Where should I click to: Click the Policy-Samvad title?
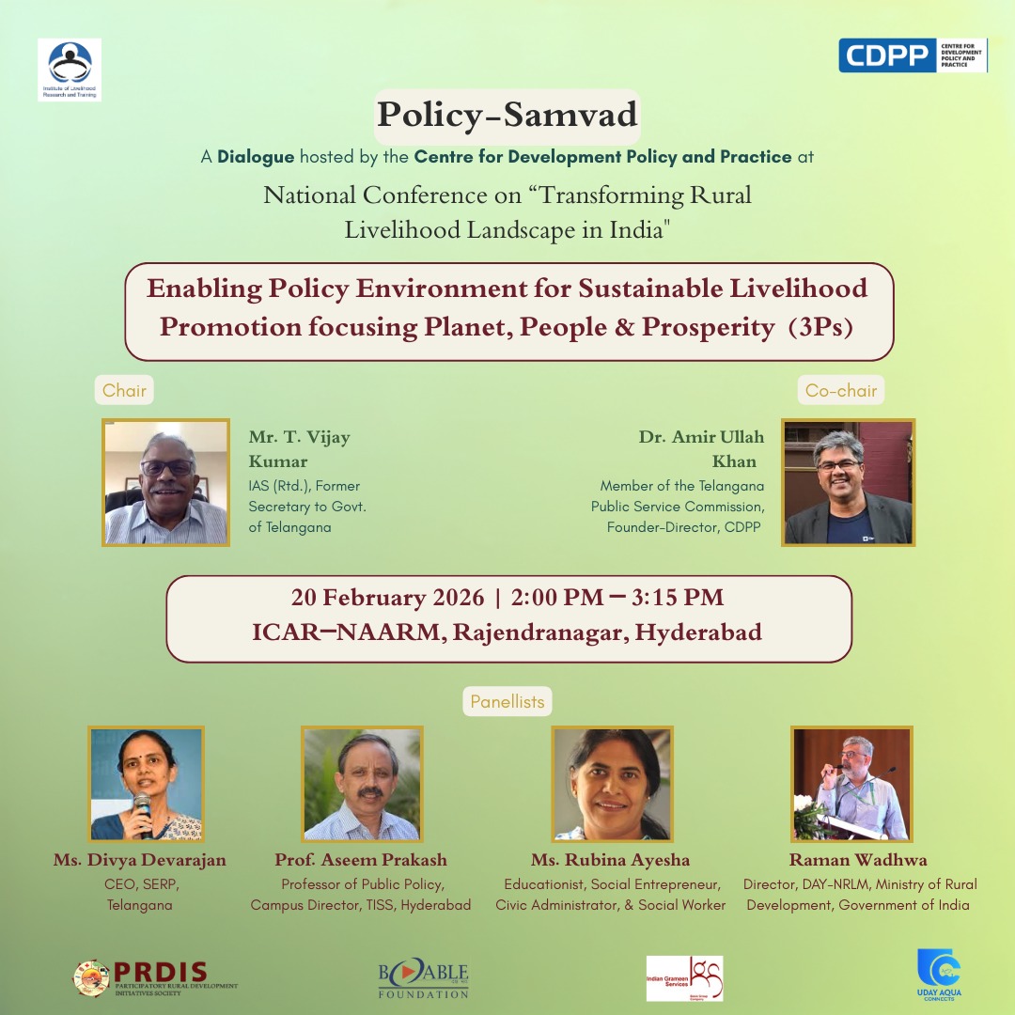coord(507,114)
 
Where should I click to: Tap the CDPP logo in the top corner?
coord(913,55)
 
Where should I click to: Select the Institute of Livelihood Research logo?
coord(70,70)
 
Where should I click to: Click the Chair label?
coord(125,390)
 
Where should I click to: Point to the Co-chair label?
coord(841,390)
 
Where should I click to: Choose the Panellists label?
coord(507,701)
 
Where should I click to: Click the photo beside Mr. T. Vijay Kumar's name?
coord(166,482)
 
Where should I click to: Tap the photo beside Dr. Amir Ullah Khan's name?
coord(849,482)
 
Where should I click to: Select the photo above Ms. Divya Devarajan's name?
coord(146,784)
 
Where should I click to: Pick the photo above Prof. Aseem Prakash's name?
coord(362,784)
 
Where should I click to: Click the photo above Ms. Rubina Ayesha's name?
coord(613,784)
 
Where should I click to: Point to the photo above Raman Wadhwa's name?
coord(851,784)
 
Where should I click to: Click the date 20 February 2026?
coord(388,598)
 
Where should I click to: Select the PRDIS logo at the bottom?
coord(155,977)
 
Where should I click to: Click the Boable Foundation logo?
coord(423,978)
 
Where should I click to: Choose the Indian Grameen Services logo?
coord(684,978)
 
